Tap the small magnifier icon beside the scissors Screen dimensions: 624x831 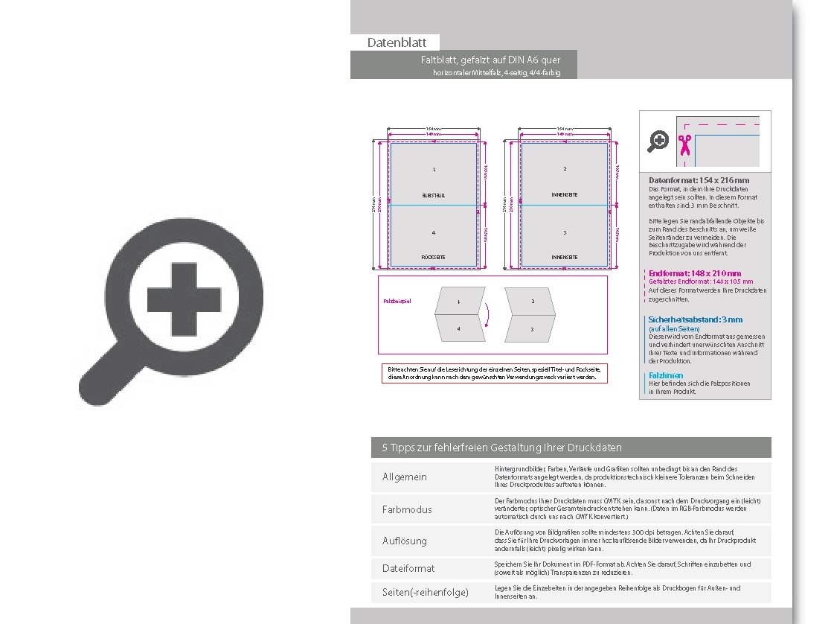pyautogui.click(x=658, y=140)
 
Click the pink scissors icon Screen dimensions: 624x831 pyautogui.click(x=684, y=143)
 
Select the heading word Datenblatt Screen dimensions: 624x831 pyautogui.click(x=397, y=43)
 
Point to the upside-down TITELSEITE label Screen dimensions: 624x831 pyautogui.click(x=434, y=195)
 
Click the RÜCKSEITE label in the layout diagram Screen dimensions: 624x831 pyautogui.click(x=434, y=257)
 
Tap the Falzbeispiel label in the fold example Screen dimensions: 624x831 pyautogui.click(x=397, y=302)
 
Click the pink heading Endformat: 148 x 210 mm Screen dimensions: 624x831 pyautogui.click(x=695, y=273)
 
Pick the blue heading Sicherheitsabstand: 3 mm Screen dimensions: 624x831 pyautogui.click(x=695, y=319)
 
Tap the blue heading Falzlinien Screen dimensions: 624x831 pyautogui.click(x=666, y=375)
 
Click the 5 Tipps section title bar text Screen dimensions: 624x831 pyautogui.click(x=501, y=448)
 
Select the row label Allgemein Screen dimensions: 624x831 pyautogui.click(x=405, y=477)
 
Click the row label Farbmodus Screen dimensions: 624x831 pyautogui.click(x=407, y=509)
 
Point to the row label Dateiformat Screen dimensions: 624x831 pyautogui.click(x=408, y=568)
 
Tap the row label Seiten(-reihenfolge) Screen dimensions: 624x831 pyautogui.click(x=425, y=593)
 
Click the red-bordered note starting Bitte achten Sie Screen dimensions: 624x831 pyautogui.click(x=492, y=373)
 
